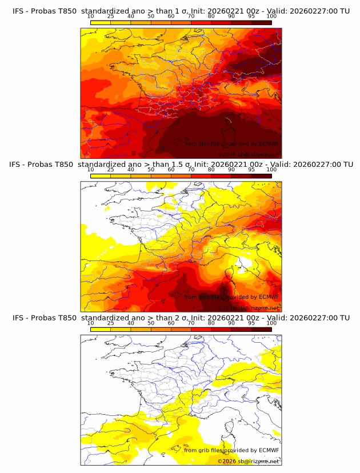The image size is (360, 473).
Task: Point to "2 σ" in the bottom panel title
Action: pos(184,318)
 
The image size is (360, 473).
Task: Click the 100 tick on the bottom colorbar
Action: pos(271,323)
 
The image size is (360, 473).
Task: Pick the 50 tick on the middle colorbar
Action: pos(151,170)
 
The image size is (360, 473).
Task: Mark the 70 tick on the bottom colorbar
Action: pos(191,323)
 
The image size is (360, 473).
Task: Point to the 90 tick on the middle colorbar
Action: pos(231,170)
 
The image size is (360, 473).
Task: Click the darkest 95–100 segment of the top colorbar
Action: pos(261,23)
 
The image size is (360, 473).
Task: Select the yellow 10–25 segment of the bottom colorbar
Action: pos(101,329)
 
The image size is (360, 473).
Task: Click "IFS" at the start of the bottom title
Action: pos(18,318)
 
